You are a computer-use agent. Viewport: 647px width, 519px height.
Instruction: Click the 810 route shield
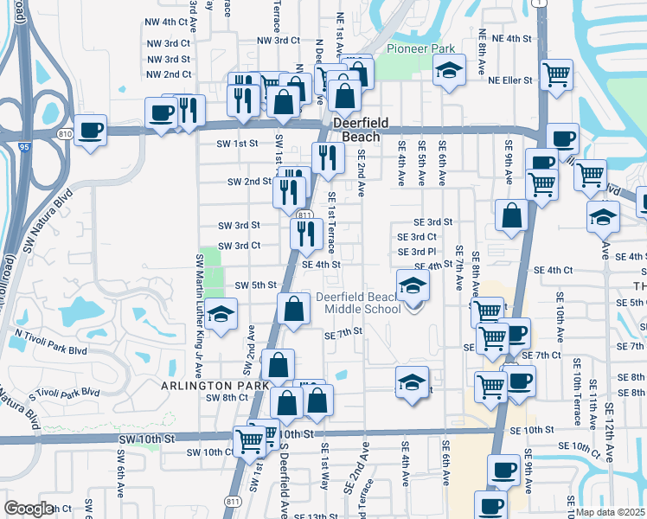coord(66,134)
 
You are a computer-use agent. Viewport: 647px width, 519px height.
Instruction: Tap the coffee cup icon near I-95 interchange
coord(90,131)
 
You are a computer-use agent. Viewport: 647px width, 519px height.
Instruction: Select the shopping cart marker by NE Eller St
coord(555,74)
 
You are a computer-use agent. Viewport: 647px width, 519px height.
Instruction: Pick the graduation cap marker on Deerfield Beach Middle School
coord(413,285)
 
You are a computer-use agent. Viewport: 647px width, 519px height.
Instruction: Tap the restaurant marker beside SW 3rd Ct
coord(305,234)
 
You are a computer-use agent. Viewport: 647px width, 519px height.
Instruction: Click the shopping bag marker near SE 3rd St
coord(512,216)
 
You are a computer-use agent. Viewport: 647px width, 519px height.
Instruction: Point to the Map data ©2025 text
coord(610,512)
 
